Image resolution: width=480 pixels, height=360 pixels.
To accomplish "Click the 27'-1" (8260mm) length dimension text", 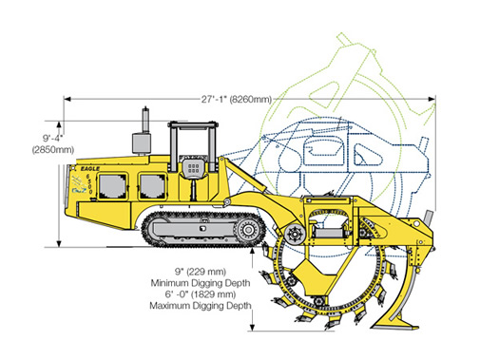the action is coord(237,99).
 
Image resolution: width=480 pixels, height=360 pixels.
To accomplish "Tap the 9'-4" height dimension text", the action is coord(53,138).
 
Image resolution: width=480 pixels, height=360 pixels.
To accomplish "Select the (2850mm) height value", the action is coord(53,149).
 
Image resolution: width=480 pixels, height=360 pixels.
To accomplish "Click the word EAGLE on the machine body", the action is coord(90,169).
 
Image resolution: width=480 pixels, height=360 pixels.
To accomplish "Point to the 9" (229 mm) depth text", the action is coord(201,272).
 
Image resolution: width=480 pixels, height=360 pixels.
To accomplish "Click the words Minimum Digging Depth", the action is coord(201,283).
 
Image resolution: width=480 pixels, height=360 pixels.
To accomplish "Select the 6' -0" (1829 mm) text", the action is coord(201,294).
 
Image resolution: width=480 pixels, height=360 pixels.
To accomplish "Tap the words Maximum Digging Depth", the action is coord(201,306).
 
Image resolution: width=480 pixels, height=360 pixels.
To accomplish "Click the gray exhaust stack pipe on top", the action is coord(145,120).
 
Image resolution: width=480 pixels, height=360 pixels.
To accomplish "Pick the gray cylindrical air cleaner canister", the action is coord(142,143).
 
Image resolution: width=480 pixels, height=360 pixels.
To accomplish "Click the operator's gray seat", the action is coord(193,168).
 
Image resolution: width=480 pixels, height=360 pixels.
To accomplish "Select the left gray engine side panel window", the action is coord(113,186).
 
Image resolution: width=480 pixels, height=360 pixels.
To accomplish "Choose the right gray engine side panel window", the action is coord(153,187).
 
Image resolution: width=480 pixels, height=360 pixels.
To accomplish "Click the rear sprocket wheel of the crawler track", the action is coord(247,230).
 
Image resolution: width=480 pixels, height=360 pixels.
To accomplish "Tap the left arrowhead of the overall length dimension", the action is coord(67,99).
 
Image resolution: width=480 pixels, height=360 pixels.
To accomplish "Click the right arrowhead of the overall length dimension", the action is coord(432,99).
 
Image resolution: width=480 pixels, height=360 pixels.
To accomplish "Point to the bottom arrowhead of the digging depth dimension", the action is coord(252,328).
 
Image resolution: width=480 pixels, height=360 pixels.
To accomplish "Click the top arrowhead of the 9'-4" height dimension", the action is coord(59,124).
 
